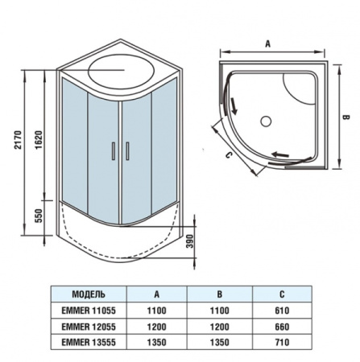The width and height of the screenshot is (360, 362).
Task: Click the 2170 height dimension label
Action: [x=18, y=140]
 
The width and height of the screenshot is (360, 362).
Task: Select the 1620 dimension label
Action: [x=39, y=140]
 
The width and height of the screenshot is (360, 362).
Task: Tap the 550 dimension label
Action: [x=39, y=216]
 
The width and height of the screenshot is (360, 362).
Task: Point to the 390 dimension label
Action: [x=190, y=241]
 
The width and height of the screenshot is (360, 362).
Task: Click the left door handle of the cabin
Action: [x=114, y=151]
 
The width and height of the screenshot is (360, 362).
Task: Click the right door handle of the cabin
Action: [x=127, y=151]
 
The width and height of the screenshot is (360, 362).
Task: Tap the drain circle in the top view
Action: [x=267, y=121]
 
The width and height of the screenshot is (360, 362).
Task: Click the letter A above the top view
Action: [x=267, y=43]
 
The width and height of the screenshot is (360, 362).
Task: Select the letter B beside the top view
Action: [x=346, y=117]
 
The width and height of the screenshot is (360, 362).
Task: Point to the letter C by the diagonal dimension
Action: [x=228, y=155]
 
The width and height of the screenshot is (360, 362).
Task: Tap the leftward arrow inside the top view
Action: [x=280, y=154]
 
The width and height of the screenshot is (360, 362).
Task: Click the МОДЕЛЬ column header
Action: [x=89, y=294]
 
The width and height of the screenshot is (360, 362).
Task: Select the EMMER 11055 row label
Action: [x=89, y=311]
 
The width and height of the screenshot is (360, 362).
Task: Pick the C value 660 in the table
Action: [x=282, y=327]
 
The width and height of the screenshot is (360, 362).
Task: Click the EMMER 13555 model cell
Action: [x=89, y=342]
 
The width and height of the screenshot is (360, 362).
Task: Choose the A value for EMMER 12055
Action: [x=157, y=327]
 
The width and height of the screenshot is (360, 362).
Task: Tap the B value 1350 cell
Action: [x=220, y=342]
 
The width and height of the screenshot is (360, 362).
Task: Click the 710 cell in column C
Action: [x=282, y=342]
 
